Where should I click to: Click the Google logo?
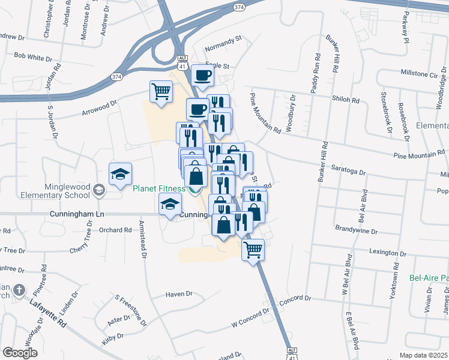click(x=20, y=353)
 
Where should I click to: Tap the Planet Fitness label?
click(x=159, y=189)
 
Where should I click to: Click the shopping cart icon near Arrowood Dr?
click(x=161, y=92)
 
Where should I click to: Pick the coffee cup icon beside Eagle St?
click(x=202, y=76)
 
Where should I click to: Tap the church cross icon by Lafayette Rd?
click(x=20, y=291)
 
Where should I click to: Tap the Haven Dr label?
click(x=179, y=294)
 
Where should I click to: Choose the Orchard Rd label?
click(x=115, y=230)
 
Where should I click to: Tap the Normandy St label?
click(x=222, y=38)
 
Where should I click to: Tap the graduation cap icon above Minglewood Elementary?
click(x=119, y=174)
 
